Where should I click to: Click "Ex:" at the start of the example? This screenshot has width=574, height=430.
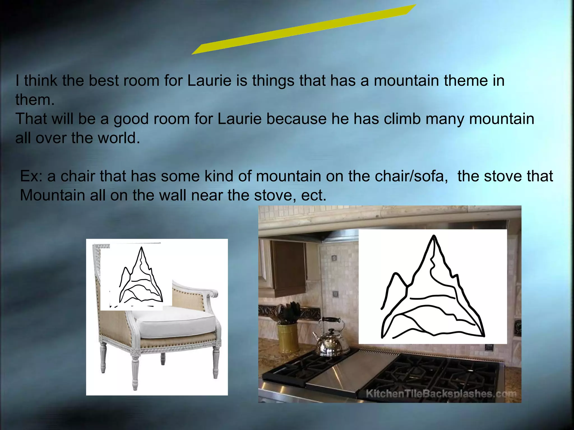(31, 176)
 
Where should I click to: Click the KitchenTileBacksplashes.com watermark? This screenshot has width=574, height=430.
(441, 394)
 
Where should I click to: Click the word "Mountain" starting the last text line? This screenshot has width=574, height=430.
(52, 195)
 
